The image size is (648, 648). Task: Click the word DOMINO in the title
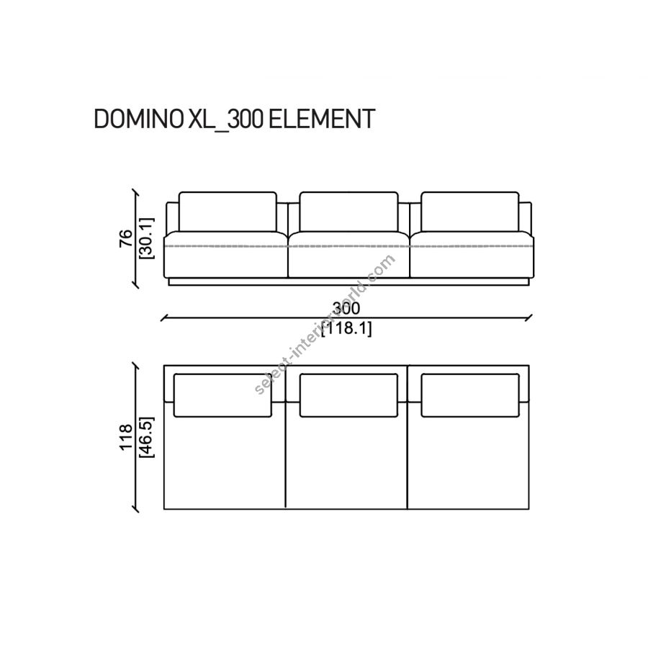coord(139,119)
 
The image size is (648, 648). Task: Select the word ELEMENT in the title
coord(322,119)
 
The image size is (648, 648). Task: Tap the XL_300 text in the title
coord(225,120)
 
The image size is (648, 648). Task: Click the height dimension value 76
coord(125,238)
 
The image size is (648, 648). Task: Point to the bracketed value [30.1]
coord(147,238)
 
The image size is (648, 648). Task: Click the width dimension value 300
coord(346,308)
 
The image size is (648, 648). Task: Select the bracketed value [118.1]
coord(346,328)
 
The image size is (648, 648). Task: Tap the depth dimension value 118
coord(125,436)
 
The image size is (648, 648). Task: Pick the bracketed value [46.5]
coord(147,437)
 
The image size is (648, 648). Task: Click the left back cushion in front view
coord(228,212)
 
